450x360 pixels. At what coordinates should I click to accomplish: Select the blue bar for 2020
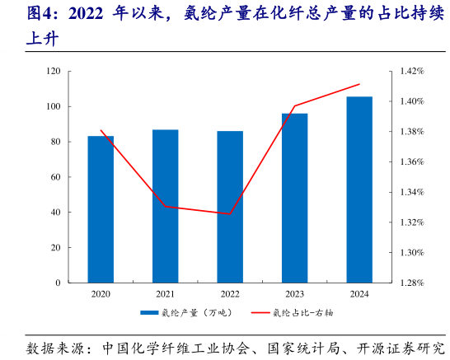point(101,209)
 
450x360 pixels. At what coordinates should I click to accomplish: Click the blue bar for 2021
point(165,206)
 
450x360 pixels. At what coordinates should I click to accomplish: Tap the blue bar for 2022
point(230,207)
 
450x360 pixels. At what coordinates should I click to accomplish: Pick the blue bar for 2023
point(294,198)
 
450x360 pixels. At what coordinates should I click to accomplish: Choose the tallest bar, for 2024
point(359,189)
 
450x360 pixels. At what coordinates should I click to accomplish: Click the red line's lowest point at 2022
point(230,214)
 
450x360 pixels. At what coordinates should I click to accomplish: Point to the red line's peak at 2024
point(359,84)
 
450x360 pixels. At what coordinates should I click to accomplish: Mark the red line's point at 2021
point(165,206)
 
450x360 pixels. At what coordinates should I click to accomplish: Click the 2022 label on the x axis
point(230,294)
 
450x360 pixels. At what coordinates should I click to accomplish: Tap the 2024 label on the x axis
point(359,294)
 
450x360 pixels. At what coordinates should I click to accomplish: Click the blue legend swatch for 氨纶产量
point(149,313)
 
